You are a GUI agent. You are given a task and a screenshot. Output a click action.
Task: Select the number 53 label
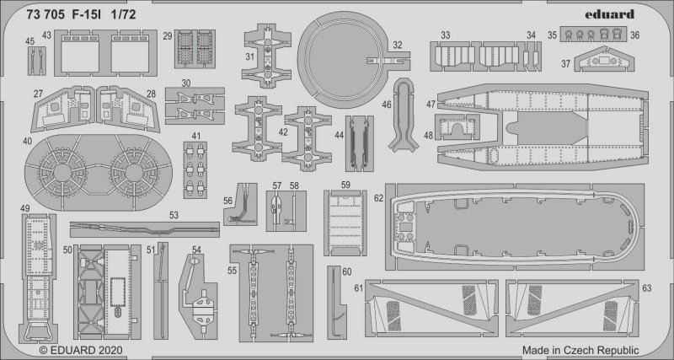point(174,216)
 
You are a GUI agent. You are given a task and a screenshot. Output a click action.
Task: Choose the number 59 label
point(345,185)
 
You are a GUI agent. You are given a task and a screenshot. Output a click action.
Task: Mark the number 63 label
point(647,288)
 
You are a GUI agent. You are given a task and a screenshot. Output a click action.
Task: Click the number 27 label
point(39,94)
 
